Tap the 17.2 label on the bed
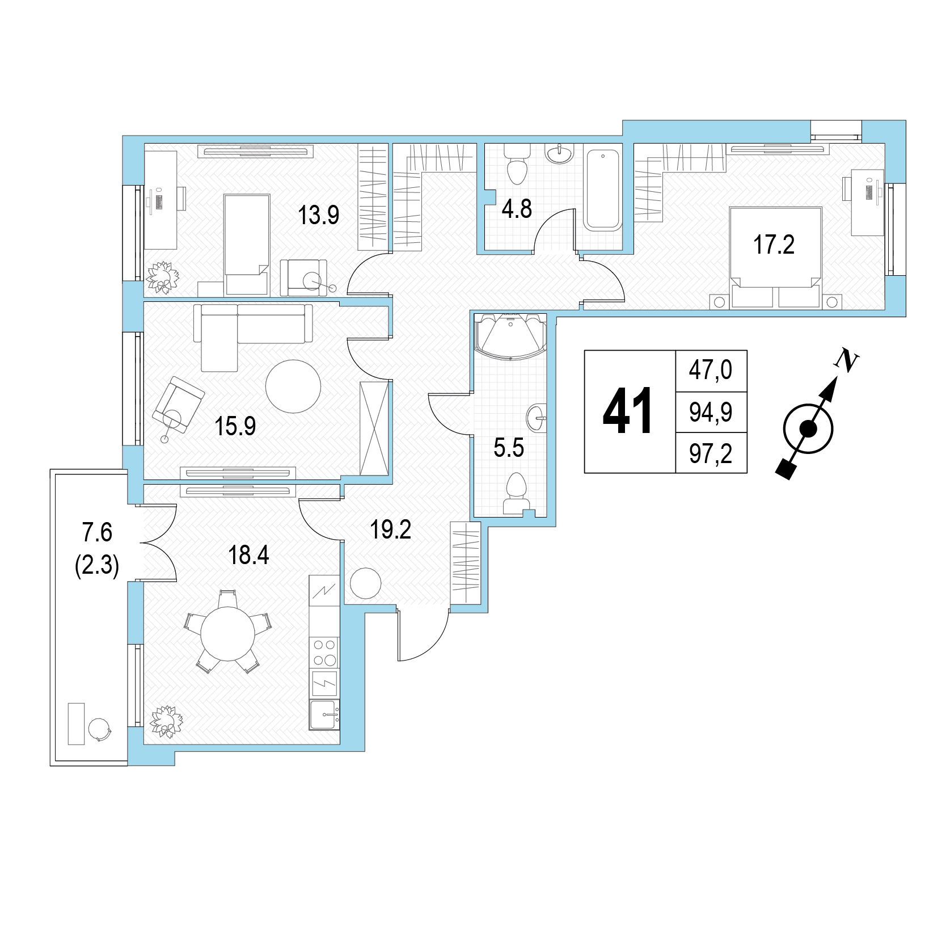tap(774, 245)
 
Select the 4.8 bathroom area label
tap(517, 209)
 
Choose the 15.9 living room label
tap(235, 426)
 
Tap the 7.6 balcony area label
tap(97, 533)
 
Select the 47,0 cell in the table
tap(711, 371)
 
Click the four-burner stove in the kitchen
tap(324, 653)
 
